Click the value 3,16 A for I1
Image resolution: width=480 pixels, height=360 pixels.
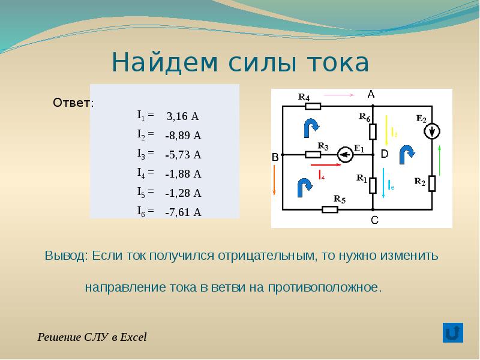[x=183, y=116]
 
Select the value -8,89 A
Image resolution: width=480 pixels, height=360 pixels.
[x=183, y=136]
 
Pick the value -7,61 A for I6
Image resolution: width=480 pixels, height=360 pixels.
[x=183, y=212]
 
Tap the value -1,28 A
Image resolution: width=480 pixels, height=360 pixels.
[x=183, y=193]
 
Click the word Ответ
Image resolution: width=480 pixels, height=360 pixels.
[x=72, y=103]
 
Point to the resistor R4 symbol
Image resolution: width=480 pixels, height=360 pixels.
[x=313, y=106]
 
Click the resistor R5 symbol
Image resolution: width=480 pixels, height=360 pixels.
[x=330, y=209]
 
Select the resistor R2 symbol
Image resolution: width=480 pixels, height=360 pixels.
[x=432, y=184]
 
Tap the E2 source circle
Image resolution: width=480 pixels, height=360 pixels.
[x=432, y=131]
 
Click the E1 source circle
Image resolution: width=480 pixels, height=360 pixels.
[x=346, y=155]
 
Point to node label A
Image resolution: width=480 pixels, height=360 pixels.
[x=371, y=94]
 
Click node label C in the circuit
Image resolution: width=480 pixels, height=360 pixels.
[x=374, y=220]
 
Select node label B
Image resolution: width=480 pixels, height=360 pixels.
[x=275, y=157]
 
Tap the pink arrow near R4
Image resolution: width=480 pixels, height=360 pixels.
[x=339, y=95]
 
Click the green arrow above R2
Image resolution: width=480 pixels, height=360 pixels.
[x=440, y=160]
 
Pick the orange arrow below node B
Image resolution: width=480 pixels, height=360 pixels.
[x=274, y=180]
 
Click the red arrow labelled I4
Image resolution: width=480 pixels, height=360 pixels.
[x=326, y=164]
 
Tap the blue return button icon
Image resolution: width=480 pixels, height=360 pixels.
[x=453, y=333]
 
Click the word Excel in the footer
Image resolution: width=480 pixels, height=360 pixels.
[x=133, y=337]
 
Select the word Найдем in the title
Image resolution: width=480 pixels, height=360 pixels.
[x=165, y=62]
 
